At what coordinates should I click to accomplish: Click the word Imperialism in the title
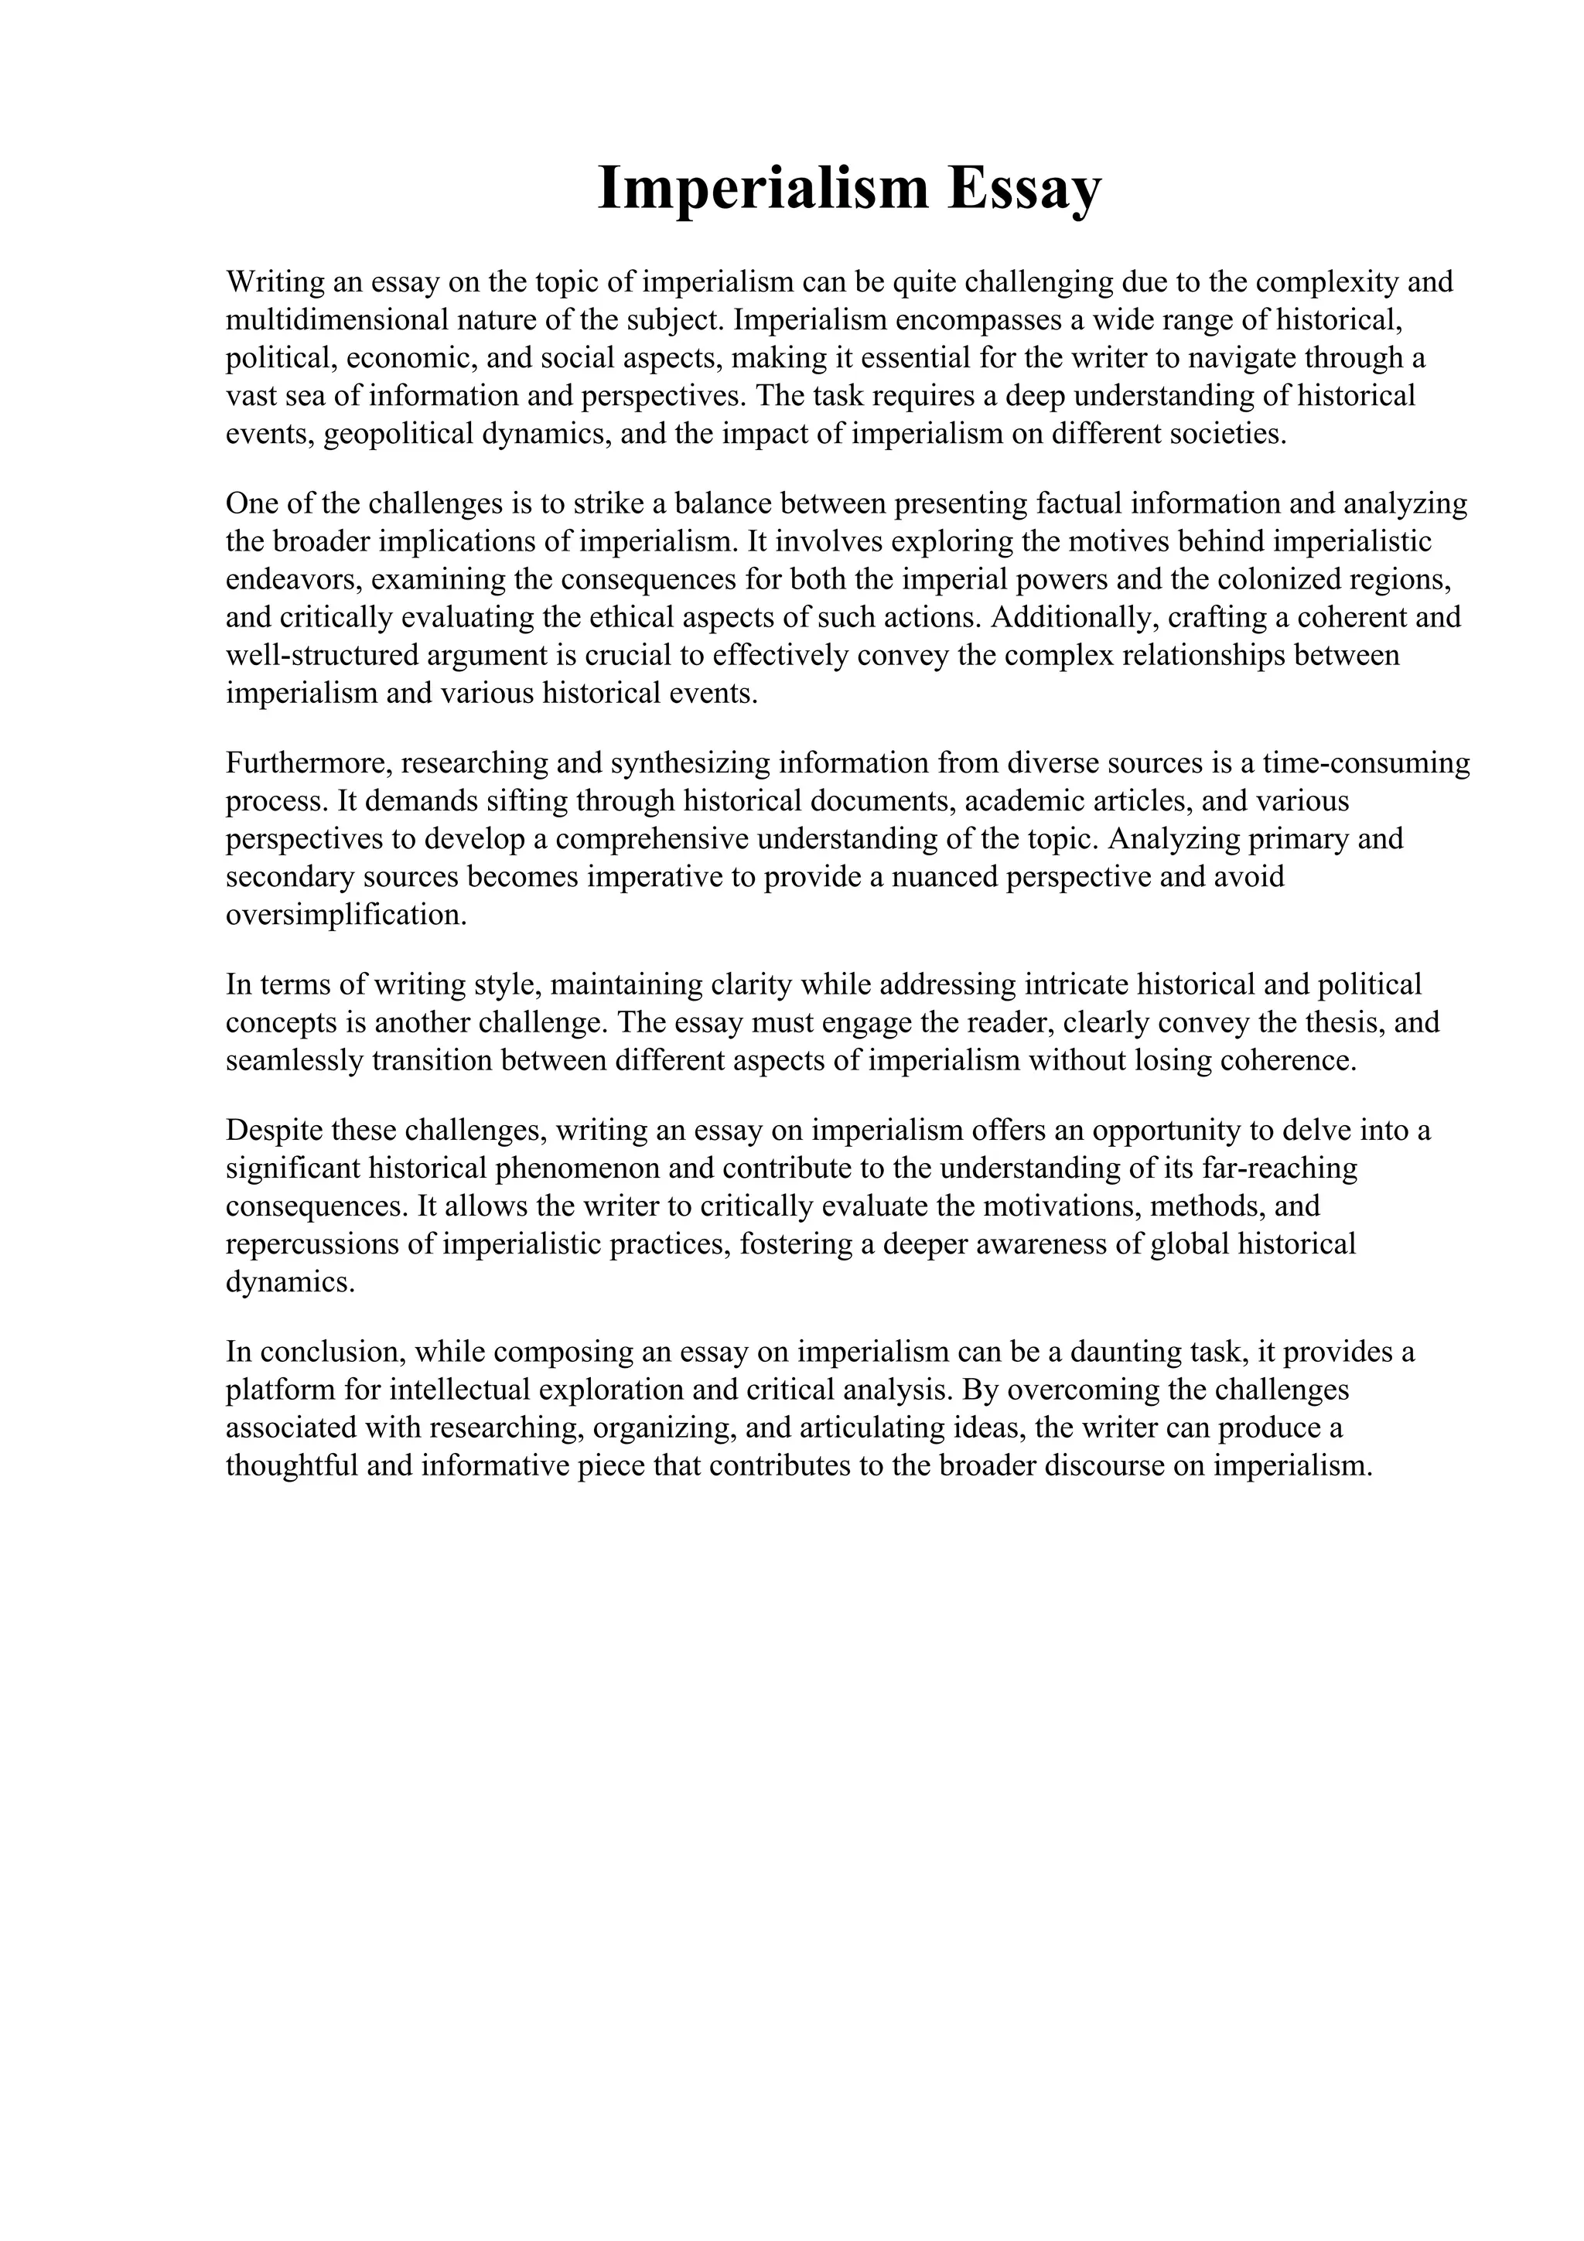click(x=763, y=189)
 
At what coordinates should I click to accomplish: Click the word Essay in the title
click(x=1024, y=189)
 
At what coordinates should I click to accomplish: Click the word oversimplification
click(x=346, y=916)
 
